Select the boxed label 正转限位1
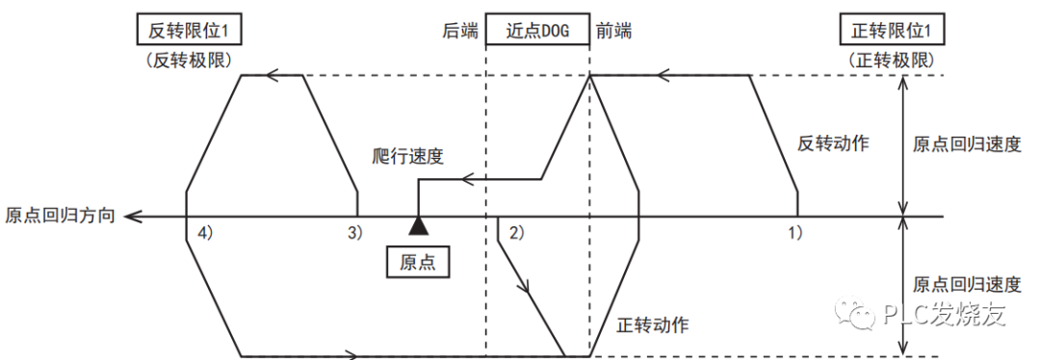coord(892,30)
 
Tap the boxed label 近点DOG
coord(537,30)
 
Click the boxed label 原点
coord(417,262)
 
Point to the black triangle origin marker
coord(417,226)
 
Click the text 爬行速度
coord(407,156)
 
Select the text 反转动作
coord(834,143)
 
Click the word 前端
coord(613,31)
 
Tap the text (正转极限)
coord(892,59)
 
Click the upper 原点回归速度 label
coord(966,144)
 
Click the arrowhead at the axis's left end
coord(132,216)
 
